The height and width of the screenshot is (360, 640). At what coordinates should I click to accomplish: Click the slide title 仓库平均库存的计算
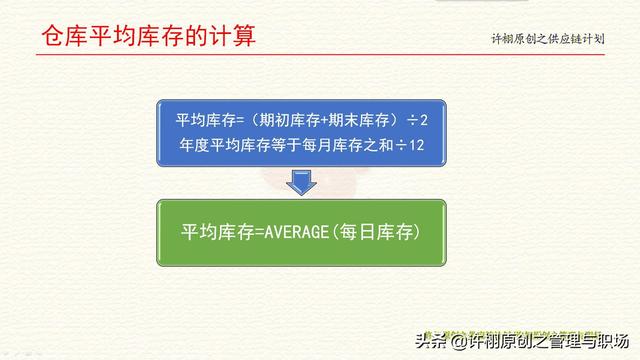(147, 38)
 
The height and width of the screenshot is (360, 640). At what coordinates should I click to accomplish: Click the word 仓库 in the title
(63, 38)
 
